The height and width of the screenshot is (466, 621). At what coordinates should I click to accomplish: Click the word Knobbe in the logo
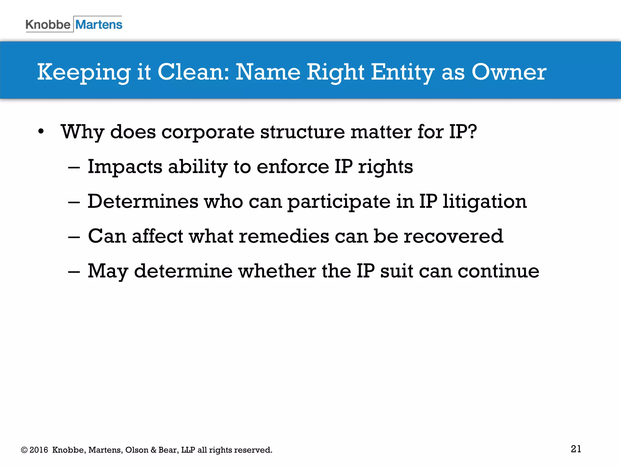48,25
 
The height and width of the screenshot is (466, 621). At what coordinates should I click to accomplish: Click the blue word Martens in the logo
99,25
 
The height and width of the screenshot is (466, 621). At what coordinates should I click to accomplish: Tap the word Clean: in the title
193,72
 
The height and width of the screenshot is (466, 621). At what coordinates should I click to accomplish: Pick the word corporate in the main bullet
208,132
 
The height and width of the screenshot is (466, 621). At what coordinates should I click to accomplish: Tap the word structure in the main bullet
302,132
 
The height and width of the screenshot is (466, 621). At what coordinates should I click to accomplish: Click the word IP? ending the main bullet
463,132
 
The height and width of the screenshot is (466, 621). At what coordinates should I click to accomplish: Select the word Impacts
125,167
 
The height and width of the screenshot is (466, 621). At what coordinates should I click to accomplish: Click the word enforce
293,167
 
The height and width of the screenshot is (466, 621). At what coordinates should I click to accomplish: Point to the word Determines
143,201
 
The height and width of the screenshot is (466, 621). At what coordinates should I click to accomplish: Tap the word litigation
485,201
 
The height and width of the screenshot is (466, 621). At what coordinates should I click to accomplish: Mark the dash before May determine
74,272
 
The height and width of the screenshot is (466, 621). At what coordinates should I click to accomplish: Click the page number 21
576,449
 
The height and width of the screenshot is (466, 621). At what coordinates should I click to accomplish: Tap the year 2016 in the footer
39,450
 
